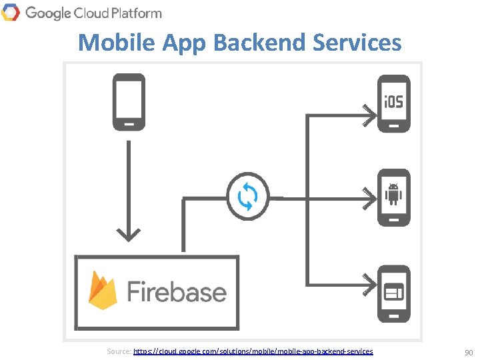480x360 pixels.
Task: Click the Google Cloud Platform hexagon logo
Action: click(x=11, y=12)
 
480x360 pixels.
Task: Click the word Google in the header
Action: click(x=47, y=13)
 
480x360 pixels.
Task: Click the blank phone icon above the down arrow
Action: click(x=127, y=102)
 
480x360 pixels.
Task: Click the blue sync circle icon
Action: click(x=248, y=196)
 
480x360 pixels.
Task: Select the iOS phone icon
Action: click(x=393, y=103)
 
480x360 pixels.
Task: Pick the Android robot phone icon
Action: click(x=393, y=197)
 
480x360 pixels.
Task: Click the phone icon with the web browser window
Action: click(x=393, y=293)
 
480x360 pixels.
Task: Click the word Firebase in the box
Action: click(x=176, y=292)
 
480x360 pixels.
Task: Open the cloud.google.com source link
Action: click(x=253, y=351)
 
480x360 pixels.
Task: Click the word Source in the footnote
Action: click(x=119, y=351)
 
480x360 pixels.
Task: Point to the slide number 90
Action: click(x=468, y=351)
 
